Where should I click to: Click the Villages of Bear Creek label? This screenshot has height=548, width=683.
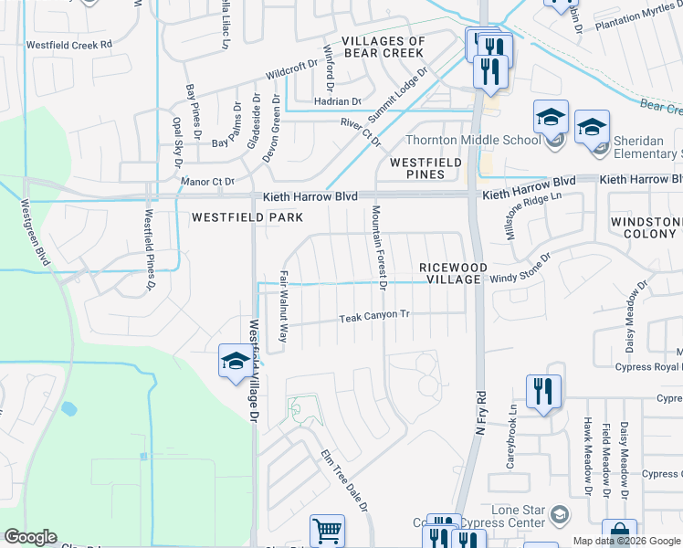(x=384, y=47)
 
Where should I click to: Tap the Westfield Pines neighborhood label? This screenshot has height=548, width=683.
(x=417, y=167)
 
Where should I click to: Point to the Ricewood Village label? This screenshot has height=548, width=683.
(x=450, y=273)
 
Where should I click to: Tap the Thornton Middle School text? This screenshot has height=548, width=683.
(x=472, y=141)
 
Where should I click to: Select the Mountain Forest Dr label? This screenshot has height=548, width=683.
(x=377, y=248)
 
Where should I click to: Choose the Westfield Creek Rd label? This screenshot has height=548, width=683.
(x=69, y=44)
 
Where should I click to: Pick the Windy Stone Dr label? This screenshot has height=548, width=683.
(x=520, y=270)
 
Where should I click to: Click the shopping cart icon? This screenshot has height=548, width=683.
(x=327, y=530)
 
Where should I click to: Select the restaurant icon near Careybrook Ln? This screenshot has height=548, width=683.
(x=543, y=392)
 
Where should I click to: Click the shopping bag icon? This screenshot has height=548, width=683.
(x=620, y=534)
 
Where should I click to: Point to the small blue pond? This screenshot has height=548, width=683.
(x=68, y=407)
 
